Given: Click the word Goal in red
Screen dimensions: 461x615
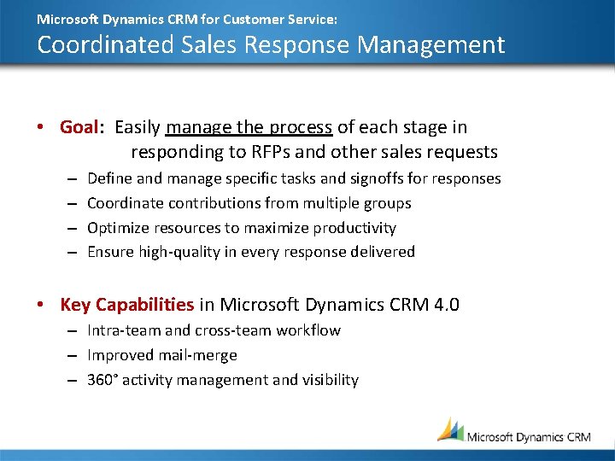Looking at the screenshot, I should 79,127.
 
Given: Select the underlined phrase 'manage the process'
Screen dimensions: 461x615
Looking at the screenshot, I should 249,127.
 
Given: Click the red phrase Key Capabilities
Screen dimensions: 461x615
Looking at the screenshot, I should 126,305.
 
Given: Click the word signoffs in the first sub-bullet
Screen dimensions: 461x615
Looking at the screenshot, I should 371,178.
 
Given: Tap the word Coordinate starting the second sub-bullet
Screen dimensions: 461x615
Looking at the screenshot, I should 125,203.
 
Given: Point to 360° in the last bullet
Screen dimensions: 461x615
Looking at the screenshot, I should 102,380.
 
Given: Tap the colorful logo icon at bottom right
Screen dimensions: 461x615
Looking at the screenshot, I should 450,429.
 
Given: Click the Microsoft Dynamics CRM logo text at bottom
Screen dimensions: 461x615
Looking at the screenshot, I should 528,436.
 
